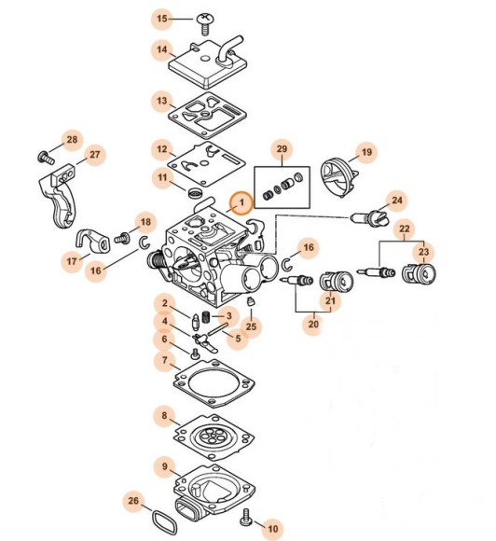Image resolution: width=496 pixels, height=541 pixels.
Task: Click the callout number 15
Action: tap(162, 19)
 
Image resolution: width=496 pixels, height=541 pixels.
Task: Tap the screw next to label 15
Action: tap(205, 23)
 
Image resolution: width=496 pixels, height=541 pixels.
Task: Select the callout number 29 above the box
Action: tap(282, 149)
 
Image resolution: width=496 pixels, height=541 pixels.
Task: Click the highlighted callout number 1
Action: tap(241, 202)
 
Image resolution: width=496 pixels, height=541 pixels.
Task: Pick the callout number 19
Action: tap(366, 152)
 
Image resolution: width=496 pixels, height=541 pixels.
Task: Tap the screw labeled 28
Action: tap(46, 158)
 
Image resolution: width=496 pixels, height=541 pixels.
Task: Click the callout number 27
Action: tap(94, 155)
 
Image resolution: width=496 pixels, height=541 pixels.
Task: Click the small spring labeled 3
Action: tap(206, 316)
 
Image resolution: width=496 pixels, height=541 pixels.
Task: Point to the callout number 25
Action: tap(251, 326)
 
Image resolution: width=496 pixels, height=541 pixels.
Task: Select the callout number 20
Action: tap(313, 324)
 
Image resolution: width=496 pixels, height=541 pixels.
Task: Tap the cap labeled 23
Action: tap(419, 273)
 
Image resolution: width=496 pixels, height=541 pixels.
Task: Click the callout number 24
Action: tap(396, 201)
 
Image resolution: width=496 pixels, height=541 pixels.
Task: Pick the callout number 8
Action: tap(164, 416)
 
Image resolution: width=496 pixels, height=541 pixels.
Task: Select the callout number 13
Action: tap(162, 101)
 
